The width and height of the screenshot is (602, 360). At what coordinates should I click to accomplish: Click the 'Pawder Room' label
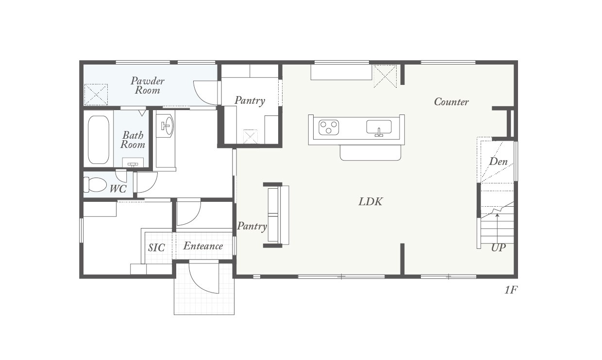(x=148, y=86)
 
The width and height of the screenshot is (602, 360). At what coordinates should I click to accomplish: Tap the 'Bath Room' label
(x=133, y=140)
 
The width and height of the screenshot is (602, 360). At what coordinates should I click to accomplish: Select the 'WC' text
(x=118, y=189)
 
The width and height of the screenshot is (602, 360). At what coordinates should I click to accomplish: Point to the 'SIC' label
(x=156, y=248)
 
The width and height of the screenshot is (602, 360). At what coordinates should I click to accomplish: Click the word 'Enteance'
(x=203, y=246)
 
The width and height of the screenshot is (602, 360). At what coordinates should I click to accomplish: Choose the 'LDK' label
(x=370, y=202)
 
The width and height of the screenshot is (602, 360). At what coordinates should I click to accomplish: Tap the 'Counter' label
(x=451, y=102)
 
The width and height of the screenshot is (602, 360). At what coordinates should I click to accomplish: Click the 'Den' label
(x=498, y=162)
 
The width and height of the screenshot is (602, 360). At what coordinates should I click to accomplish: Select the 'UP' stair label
(x=499, y=248)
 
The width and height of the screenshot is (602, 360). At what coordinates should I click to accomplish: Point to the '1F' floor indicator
(x=511, y=290)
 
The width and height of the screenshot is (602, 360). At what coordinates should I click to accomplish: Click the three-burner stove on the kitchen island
(x=329, y=128)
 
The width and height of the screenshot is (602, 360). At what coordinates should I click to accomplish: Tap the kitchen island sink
(x=379, y=128)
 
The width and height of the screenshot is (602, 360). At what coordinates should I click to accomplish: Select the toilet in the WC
(x=95, y=184)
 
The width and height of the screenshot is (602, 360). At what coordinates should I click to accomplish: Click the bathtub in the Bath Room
(x=99, y=140)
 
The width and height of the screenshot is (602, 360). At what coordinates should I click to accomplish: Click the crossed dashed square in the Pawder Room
(x=96, y=95)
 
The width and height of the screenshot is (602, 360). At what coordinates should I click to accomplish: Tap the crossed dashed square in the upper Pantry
(x=251, y=137)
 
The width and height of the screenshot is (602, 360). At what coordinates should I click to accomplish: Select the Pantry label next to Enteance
(x=252, y=227)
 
